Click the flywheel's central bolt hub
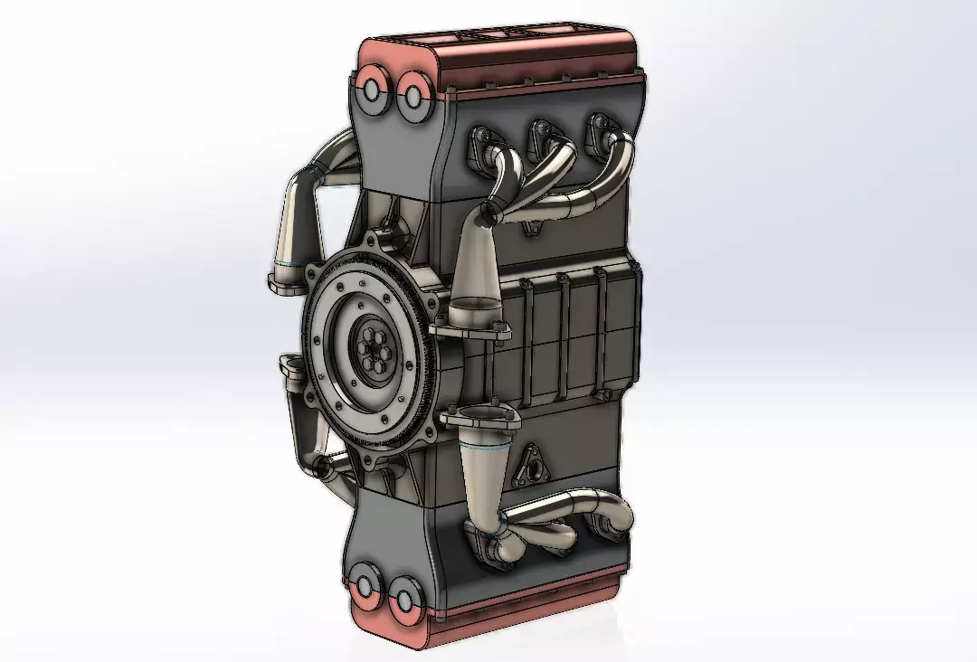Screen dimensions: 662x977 373,350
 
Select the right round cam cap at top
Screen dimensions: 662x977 413,96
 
